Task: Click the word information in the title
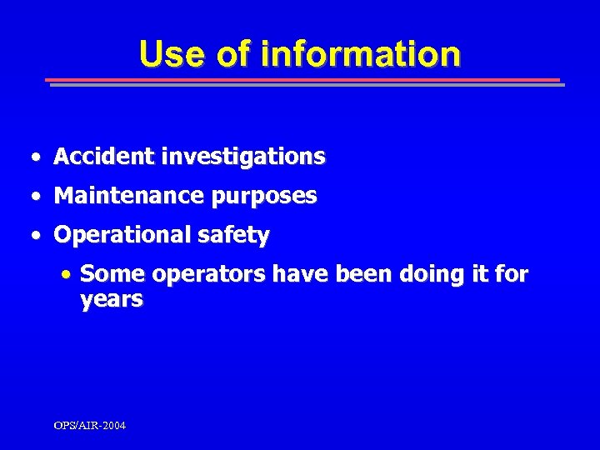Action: pyautogui.click(x=360, y=54)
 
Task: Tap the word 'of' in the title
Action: pyautogui.click(x=236, y=54)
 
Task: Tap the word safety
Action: pyautogui.click(x=235, y=236)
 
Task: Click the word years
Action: pyautogui.click(x=112, y=300)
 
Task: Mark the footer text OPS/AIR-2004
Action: pyautogui.click(x=89, y=425)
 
